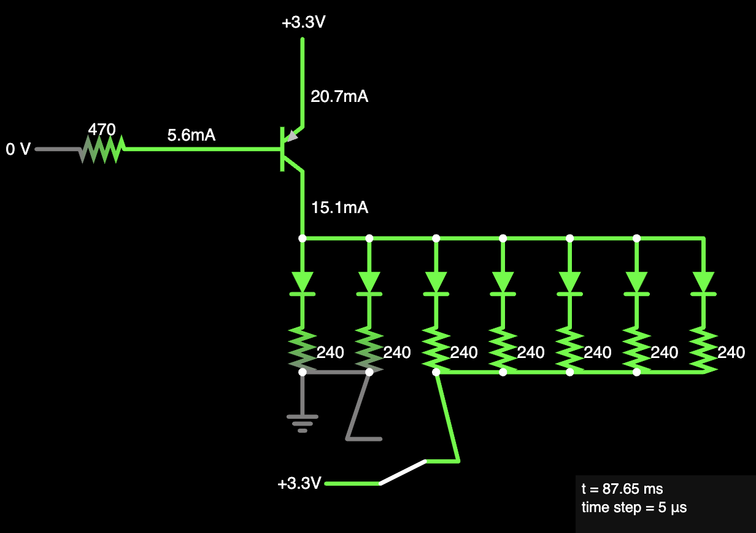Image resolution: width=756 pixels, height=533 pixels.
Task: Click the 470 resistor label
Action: [102, 130]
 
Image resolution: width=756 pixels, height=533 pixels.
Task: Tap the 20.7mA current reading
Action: [339, 96]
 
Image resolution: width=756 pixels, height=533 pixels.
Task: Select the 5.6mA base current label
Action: [191, 135]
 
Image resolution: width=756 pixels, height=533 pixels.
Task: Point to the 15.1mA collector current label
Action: [339, 208]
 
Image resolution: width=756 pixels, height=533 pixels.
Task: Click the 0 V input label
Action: [18, 149]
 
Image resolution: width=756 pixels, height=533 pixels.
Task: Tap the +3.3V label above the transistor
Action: [304, 22]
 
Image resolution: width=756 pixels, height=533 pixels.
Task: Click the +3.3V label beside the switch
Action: [299, 483]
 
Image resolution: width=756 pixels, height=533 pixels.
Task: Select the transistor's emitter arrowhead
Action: [292, 136]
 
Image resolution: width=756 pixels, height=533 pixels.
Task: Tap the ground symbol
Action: [303, 424]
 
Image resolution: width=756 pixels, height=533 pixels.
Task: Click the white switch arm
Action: [403, 472]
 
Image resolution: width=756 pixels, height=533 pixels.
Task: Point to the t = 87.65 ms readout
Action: [622, 489]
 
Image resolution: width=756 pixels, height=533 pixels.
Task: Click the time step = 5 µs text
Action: [634, 507]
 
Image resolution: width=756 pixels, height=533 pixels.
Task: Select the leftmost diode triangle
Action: [303, 282]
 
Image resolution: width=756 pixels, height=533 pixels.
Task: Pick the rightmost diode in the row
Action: [703, 284]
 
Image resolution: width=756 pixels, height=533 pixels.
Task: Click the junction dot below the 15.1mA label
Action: [303, 238]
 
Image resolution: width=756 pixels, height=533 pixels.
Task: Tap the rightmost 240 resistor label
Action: [731, 352]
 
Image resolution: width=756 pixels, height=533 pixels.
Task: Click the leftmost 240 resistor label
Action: [330, 352]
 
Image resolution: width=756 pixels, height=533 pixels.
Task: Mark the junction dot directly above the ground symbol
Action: [303, 372]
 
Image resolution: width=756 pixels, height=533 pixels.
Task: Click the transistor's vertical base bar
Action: [282, 149]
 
